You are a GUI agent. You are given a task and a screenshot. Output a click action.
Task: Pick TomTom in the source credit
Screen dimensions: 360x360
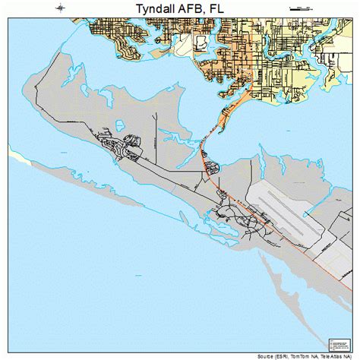pos(305,355)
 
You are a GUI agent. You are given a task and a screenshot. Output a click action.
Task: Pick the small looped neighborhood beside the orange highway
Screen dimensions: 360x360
pos(211,163)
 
